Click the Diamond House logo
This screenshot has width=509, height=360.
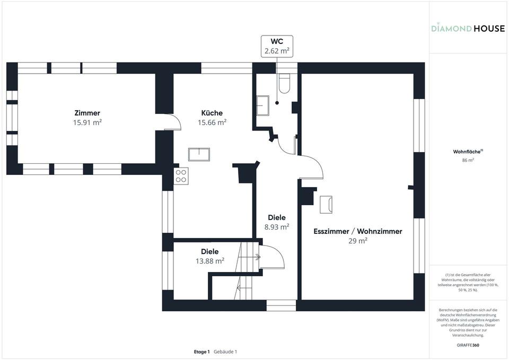[x=467, y=28]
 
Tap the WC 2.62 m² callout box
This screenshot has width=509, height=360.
[x=276, y=46]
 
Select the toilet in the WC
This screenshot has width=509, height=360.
[x=284, y=84]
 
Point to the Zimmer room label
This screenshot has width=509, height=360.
[x=87, y=113]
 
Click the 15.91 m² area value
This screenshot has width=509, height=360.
[x=87, y=122]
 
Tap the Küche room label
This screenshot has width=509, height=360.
[x=212, y=113]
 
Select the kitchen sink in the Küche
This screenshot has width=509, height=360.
[x=199, y=154]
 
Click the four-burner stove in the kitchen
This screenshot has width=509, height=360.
[x=181, y=175]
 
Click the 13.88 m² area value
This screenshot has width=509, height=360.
[x=210, y=261]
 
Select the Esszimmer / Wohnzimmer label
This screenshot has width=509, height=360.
[x=358, y=231]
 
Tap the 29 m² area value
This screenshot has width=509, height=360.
[x=358, y=241]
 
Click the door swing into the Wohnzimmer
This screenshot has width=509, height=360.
[x=313, y=168]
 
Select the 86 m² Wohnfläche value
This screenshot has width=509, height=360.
[x=468, y=160]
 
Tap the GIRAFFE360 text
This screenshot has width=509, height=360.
[x=468, y=345]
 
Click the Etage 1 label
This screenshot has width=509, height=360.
[x=201, y=352]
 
